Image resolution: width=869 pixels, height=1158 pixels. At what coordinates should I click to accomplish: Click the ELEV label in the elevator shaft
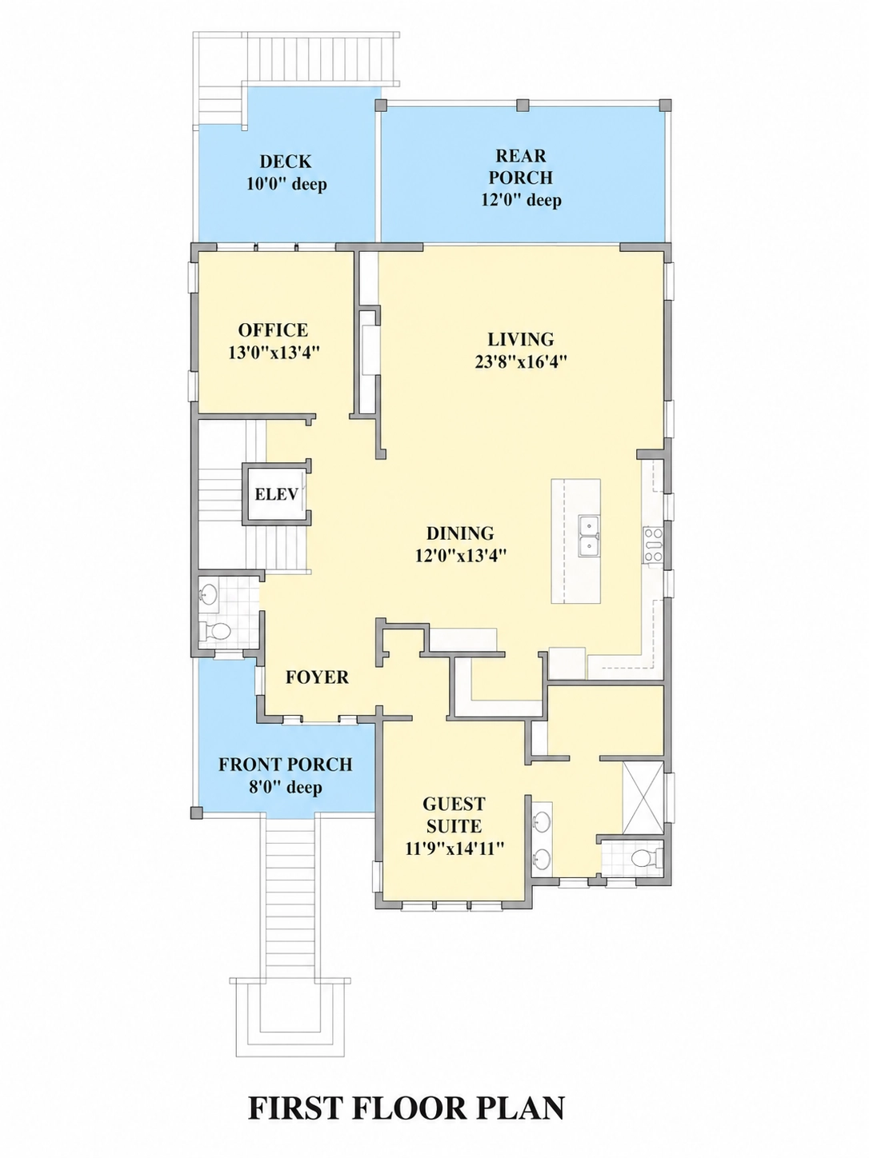click(276, 494)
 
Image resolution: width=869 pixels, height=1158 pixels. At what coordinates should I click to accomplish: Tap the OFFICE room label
click(273, 329)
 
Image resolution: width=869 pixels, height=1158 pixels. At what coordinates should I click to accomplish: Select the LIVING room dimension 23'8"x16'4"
click(520, 362)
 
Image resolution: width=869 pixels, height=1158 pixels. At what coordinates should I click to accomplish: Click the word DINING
click(460, 533)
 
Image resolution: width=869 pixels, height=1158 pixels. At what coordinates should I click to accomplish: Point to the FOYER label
click(317, 677)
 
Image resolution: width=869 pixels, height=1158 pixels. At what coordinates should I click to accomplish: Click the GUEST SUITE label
click(454, 815)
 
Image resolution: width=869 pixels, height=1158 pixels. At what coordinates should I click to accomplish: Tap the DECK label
click(286, 162)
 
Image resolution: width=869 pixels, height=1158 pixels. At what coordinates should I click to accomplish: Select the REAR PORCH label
click(521, 166)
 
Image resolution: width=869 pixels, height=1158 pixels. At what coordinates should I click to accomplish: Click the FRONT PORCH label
click(286, 765)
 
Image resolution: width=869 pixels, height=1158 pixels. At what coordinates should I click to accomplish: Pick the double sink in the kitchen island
click(589, 536)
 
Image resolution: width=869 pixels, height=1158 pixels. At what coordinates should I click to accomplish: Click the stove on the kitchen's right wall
click(653, 545)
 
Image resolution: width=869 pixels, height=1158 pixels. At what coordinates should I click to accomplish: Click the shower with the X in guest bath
click(643, 797)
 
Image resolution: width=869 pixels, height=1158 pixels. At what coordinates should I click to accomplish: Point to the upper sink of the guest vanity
click(542, 821)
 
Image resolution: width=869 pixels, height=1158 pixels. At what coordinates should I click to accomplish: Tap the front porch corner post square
click(196, 813)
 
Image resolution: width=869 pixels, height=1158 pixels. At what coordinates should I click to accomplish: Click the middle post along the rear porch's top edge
click(522, 106)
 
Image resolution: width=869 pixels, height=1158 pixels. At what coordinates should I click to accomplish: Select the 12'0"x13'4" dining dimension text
click(461, 556)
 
